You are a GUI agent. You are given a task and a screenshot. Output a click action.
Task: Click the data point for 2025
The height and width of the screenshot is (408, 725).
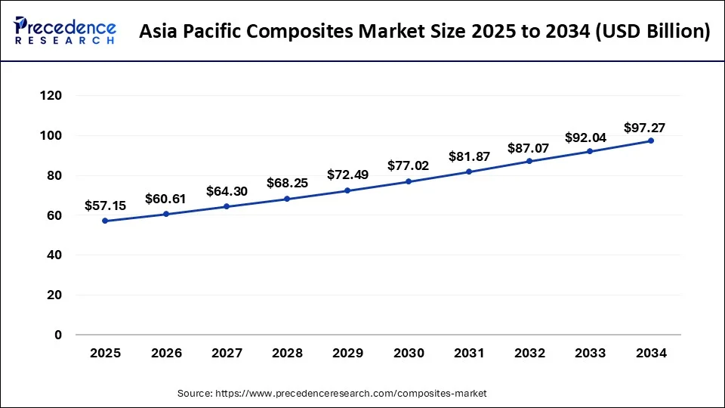pos(105,221)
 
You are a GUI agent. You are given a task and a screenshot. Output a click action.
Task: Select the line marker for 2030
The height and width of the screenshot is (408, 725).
pos(409,181)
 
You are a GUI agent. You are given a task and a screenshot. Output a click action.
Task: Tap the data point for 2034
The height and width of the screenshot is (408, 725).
pos(651,141)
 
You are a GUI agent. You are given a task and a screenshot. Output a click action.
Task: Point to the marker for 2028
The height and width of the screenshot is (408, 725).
pos(287,199)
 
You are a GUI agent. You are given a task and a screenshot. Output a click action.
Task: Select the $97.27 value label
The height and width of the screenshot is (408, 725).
pos(644,128)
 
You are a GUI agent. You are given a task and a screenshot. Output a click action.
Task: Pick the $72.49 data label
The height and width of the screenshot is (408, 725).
pos(347,175)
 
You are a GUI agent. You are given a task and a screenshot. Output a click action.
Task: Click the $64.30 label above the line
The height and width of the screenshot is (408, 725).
pos(227,191)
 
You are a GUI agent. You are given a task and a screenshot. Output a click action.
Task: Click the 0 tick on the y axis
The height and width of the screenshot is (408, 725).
pos(58,335)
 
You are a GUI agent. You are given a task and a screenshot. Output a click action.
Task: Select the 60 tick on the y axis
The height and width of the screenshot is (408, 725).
pos(54,215)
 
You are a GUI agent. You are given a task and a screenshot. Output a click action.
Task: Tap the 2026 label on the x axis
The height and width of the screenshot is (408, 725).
pos(165,353)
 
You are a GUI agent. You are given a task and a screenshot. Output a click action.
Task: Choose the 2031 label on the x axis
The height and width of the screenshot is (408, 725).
pos(469,353)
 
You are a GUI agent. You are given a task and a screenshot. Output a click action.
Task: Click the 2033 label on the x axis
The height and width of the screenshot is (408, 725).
pos(590,353)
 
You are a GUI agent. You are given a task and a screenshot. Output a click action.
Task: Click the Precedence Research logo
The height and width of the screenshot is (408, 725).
pos(65,31)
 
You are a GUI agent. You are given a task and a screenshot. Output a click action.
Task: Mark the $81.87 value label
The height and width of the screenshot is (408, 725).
pos(469,156)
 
